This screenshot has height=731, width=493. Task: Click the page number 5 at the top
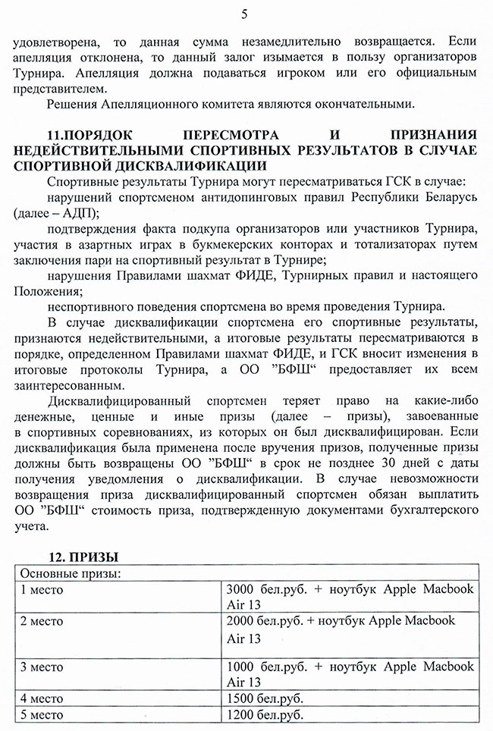point(244,13)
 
